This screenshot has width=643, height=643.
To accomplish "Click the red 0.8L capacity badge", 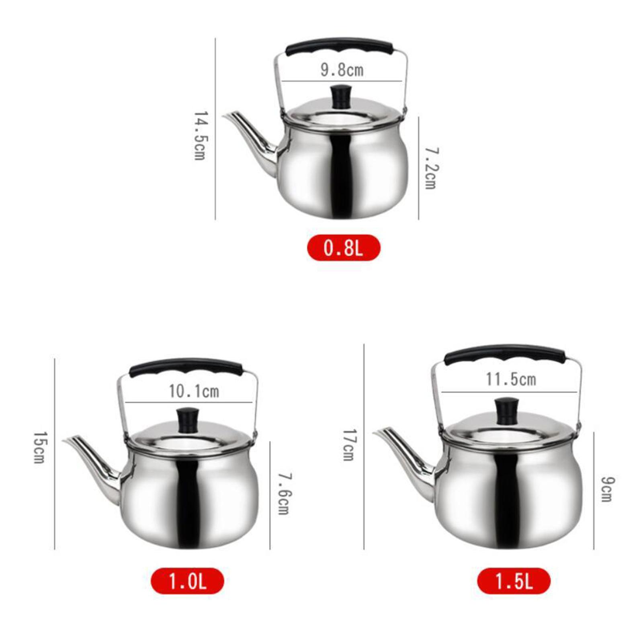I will (x=343, y=248).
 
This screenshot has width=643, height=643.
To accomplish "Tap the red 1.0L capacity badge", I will (x=187, y=581).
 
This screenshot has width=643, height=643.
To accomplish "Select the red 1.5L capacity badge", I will (x=514, y=581).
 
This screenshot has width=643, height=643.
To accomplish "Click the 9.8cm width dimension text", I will (x=342, y=70).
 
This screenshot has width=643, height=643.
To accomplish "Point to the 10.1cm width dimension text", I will (x=194, y=391).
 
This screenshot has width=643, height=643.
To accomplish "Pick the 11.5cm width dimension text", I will (x=511, y=379).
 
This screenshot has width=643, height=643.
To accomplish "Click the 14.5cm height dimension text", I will (x=200, y=135).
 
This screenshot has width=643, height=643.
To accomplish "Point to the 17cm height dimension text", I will (x=348, y=444).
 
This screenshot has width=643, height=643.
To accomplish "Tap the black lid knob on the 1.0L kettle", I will (x=188, y=420).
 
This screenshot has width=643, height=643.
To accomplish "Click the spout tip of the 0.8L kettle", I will (x=226, y=116).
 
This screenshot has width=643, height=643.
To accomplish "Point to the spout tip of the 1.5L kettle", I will (x=376, y=433).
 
